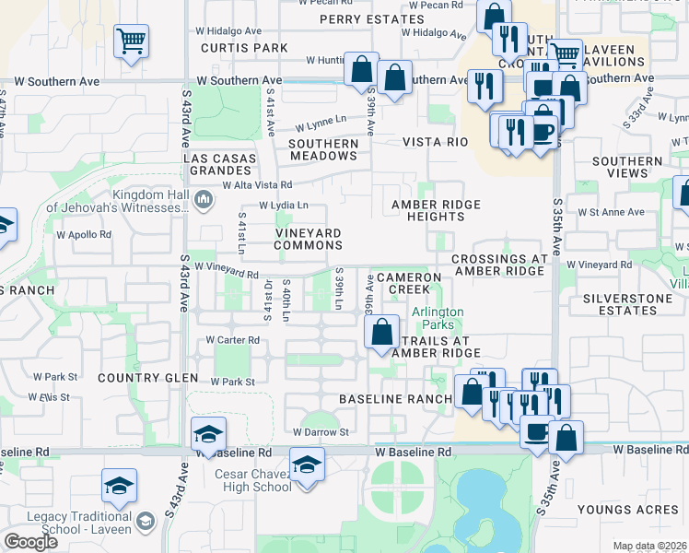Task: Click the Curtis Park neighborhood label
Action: point(244,47)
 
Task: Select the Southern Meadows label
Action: point(323,149)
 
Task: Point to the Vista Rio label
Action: point(436,142)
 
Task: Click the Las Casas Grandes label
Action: point(224,164)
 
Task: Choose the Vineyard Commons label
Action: point(309,240)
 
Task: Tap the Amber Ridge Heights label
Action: point(427,210)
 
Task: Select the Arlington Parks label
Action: point(438,319)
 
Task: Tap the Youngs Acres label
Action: point(616,509)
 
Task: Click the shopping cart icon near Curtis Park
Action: point(132,41)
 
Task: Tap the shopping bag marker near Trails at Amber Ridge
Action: point(382,332)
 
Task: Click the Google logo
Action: point(30,542)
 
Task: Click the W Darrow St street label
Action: point(321,431)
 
